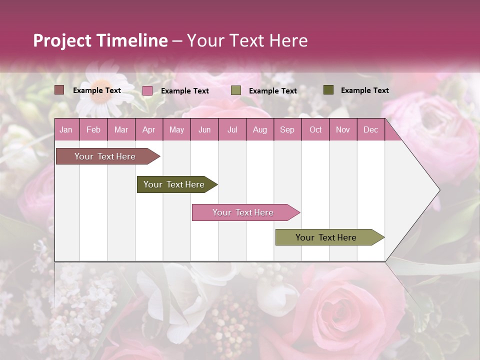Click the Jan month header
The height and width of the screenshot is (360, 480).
point(66,129)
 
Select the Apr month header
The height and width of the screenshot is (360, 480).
point(148,129)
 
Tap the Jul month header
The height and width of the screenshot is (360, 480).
point(232,129)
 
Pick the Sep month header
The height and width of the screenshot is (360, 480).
point(287,129)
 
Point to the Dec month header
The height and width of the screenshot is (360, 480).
point(370,129)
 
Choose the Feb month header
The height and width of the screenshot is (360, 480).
point(93,129)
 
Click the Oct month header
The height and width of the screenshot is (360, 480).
point(315,129)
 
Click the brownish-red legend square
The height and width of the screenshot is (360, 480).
point(59,90)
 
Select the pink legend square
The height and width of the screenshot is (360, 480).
point(147,90)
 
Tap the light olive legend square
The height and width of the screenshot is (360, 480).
point(236,90)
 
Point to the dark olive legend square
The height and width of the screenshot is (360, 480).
point(328,90)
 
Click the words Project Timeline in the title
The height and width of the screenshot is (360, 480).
point(100,40)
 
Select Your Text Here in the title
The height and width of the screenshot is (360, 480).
point(247,40)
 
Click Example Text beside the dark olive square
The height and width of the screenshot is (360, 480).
point(364,90)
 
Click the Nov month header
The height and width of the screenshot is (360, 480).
point(343,129)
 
